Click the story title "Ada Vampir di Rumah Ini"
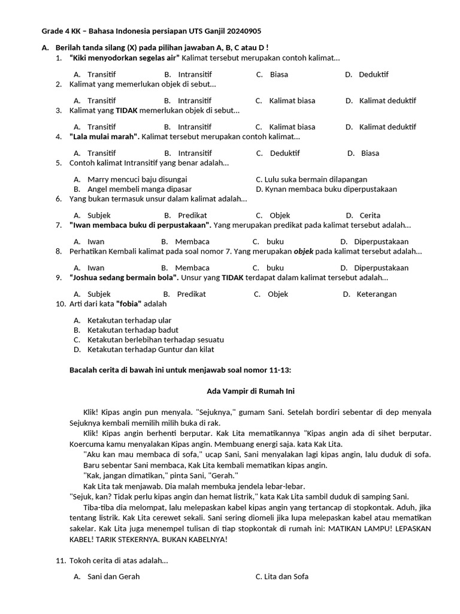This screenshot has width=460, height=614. coord(250,392)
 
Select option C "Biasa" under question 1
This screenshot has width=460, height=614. coord(279,74)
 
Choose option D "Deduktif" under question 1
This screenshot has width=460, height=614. coord(373,74)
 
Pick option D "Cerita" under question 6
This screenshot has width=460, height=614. coord(370,215)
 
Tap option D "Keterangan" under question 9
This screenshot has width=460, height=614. coord(376,294)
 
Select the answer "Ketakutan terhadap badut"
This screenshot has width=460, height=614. coord(132,330)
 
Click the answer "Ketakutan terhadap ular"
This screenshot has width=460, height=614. coord(129,320)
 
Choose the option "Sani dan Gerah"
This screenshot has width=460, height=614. coord(113,577)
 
